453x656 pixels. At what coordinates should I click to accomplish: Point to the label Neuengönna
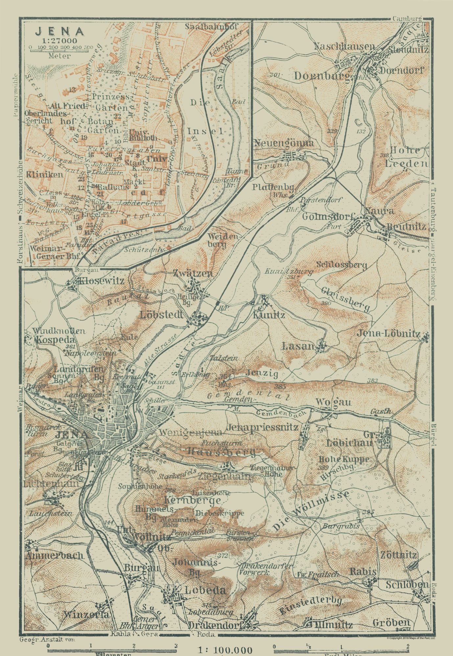coord(283,143)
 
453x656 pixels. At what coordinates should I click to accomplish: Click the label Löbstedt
coord(161,315)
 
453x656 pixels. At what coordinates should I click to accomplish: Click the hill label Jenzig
coord(261,374)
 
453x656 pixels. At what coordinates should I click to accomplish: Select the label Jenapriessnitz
coord(262,427)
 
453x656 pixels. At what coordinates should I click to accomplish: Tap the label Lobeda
coord(205,590)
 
